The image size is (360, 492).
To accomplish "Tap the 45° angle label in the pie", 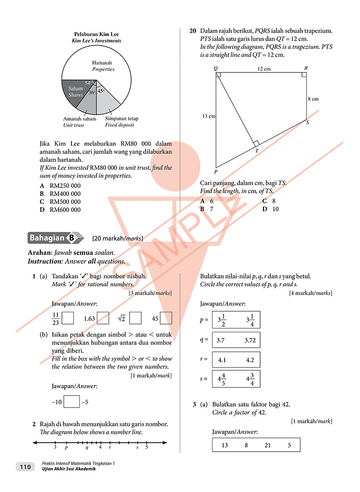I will [101, 91].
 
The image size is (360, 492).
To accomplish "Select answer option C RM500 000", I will [60, 202].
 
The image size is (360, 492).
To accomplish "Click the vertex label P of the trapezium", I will [216, 172].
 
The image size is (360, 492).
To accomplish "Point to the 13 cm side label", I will [209, 116].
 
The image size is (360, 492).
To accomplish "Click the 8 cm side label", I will [312, 99].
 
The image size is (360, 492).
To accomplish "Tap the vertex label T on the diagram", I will [256, 151].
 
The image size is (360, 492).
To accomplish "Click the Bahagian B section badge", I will [53, 237].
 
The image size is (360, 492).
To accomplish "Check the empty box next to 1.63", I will [103, 318].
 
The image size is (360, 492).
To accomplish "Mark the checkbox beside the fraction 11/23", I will [68, 318].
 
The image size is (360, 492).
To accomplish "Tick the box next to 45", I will [166, 318].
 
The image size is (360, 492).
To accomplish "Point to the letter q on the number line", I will [87, 446].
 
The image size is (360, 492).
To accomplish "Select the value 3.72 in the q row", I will [250, 340].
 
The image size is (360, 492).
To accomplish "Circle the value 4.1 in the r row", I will [222, 360].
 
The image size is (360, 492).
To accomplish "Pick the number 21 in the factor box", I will [267, 445].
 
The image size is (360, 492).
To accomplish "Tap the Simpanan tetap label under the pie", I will [120, 118].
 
